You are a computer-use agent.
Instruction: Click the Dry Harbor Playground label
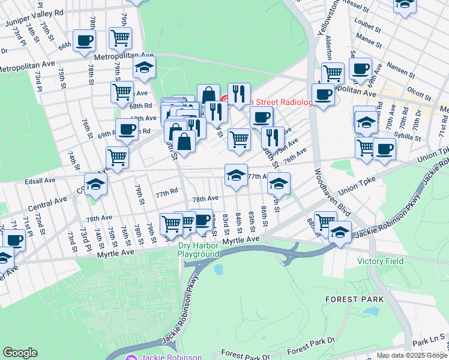click(x=198, y=250)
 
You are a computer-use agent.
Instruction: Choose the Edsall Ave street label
click(x=40, y=179)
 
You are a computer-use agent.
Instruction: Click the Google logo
click(x=20, y=352)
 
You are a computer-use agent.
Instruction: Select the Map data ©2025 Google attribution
click(x=412, y=355)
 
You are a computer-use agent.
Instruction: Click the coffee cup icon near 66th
click(x=84, y=41)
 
